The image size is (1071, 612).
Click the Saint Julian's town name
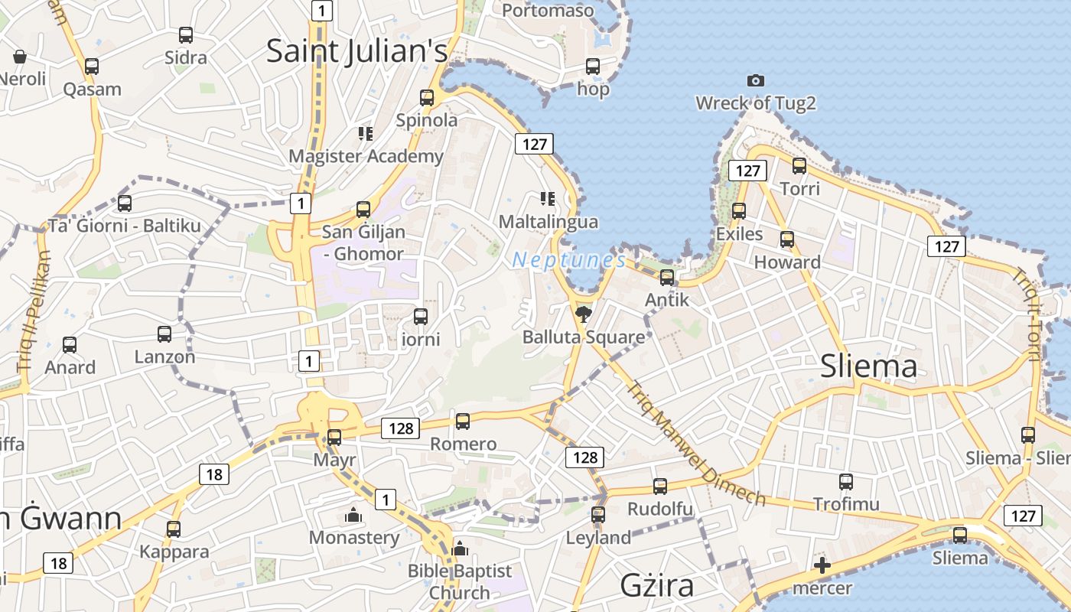coord(356,51)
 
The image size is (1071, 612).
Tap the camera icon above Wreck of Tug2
coord(755,80)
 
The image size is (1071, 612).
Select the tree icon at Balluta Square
coord(584,314)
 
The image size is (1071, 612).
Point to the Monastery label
coord(354,537)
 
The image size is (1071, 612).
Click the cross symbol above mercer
coord(822,566)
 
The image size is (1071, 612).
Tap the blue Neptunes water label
coord(568,260)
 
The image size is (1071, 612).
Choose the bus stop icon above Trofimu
coord(845,482)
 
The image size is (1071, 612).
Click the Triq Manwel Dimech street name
coord(695,444)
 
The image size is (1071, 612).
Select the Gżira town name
coord(657,585)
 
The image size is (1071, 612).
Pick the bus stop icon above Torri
coord(799,165)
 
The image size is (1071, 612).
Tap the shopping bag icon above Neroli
coord(20,57)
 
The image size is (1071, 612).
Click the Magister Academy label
coord(366,156)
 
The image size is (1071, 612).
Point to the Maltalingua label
coord(548,222)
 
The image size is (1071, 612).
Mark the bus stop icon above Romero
coord(462,421)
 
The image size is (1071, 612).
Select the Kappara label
coord(174,552)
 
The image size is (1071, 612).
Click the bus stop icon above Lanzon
coord(164,334)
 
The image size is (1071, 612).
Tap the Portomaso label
coord(548,11)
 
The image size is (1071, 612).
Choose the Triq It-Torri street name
coord(1026,314)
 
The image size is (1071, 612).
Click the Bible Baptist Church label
coord(460,581)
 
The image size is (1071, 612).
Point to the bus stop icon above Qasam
coord(92,67)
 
